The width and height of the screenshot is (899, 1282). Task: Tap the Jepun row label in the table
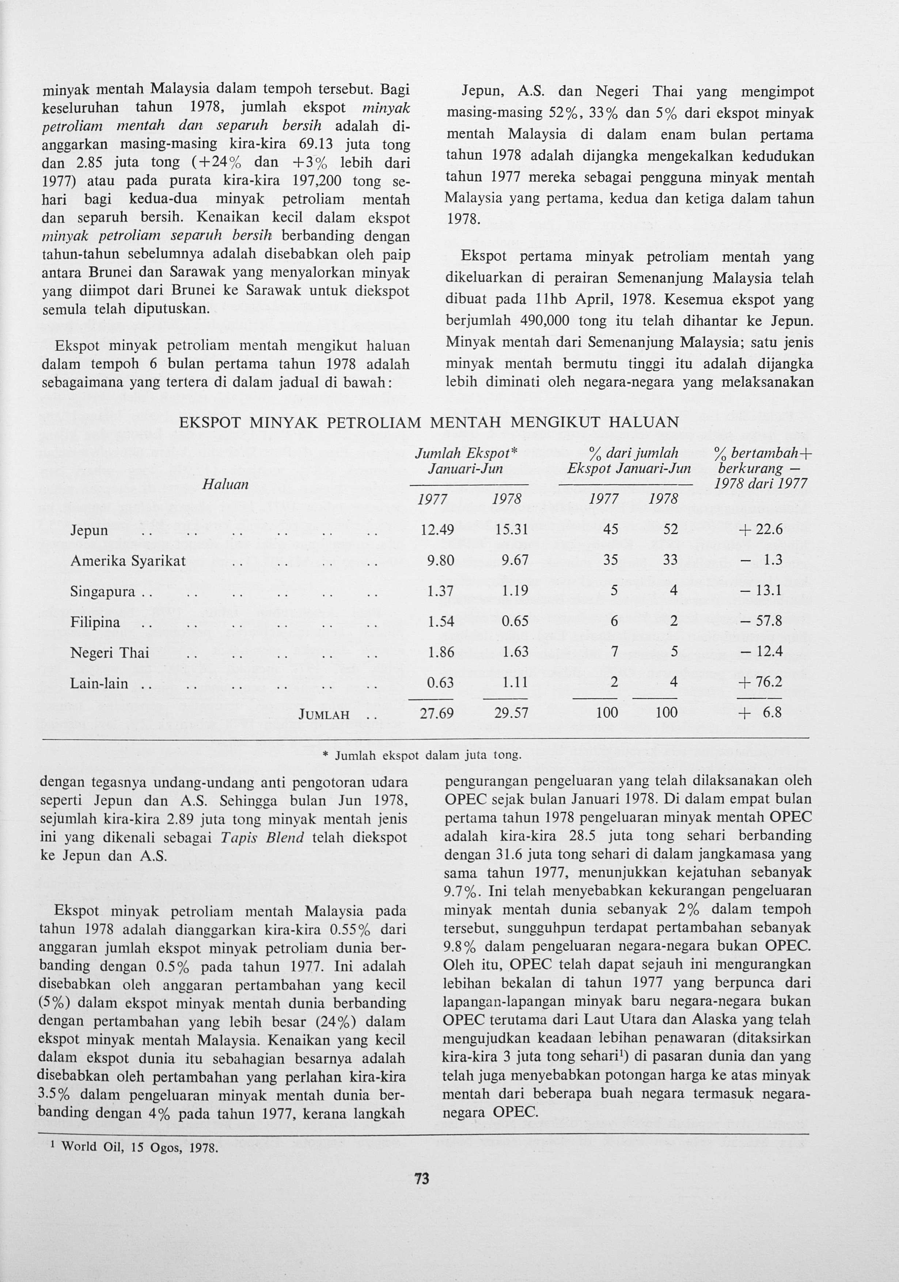(x=89, y=530)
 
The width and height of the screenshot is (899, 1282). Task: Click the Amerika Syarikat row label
(x=128, y=560)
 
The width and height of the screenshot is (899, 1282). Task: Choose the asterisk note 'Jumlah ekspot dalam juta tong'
(x=423, y=756)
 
